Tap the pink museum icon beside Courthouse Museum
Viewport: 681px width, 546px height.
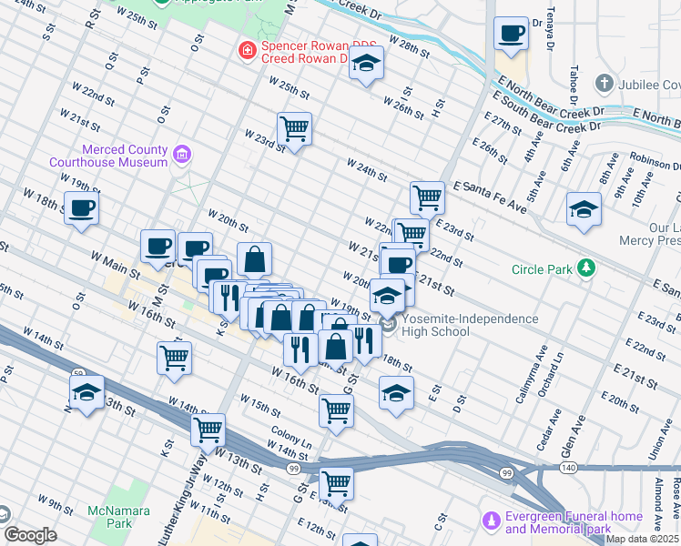pos(182,156)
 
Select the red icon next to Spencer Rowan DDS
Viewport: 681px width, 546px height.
pos(246,50)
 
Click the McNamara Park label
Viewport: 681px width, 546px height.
pos(110,517)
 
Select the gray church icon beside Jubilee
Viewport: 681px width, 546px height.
pos(603,84)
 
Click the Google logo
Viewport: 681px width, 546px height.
pos(30,535)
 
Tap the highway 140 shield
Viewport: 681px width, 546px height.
pos(566,467)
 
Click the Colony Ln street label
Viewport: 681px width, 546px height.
pos(290,437)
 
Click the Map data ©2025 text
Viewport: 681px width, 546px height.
pos(643,540)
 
